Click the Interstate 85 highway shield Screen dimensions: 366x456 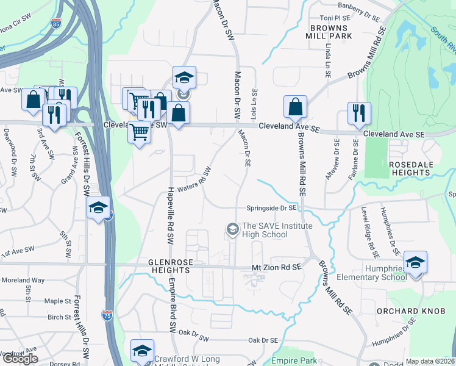coord(56,25)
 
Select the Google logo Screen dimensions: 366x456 coord(20,359)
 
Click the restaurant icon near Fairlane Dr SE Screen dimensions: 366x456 coord(358,113)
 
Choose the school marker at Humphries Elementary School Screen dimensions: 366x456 coord(415,262)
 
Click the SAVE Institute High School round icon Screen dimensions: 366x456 coord(232,229)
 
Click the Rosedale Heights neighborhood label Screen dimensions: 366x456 coord(411,168)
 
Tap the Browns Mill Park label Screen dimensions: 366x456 coord(331,32)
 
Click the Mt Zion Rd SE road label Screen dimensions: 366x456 coord(277,267)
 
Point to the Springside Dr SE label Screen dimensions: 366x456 coord(271,208)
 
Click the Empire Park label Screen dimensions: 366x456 coord(294,361)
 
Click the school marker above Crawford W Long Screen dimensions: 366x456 coord(142,350)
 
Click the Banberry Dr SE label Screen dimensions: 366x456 coord(341,6)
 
